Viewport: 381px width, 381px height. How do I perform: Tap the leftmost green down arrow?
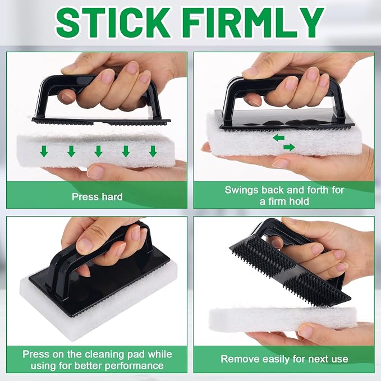(x=44, y=151)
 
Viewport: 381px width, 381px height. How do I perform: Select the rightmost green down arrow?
(x=153, y=151)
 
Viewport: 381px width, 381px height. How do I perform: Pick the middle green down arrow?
(x=98, y=151)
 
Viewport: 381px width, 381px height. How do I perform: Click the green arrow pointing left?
(x=278, y=138)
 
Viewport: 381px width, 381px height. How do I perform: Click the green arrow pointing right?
(x=289, y=147)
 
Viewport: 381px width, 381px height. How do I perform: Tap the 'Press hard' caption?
(x=97, y=196)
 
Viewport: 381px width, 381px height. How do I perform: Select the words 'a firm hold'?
(x=284, y=201)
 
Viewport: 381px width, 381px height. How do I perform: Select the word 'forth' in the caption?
(x=318, y=190)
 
